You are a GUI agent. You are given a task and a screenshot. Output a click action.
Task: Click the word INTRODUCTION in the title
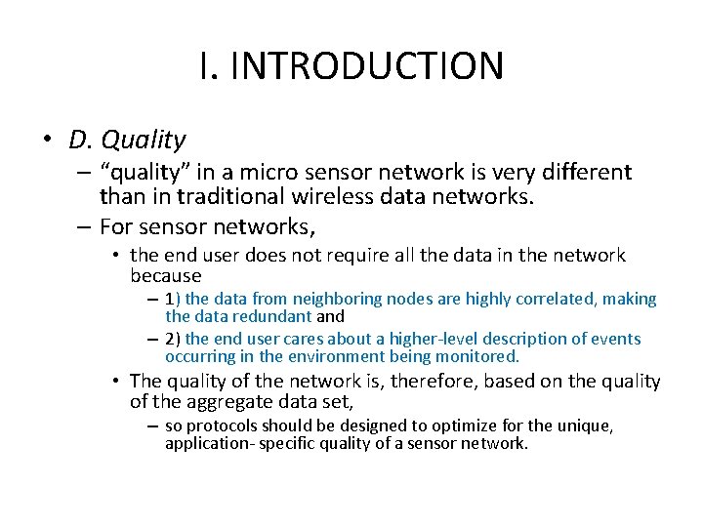point(367,66)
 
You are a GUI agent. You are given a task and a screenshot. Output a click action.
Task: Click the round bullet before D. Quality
point(48,140)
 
